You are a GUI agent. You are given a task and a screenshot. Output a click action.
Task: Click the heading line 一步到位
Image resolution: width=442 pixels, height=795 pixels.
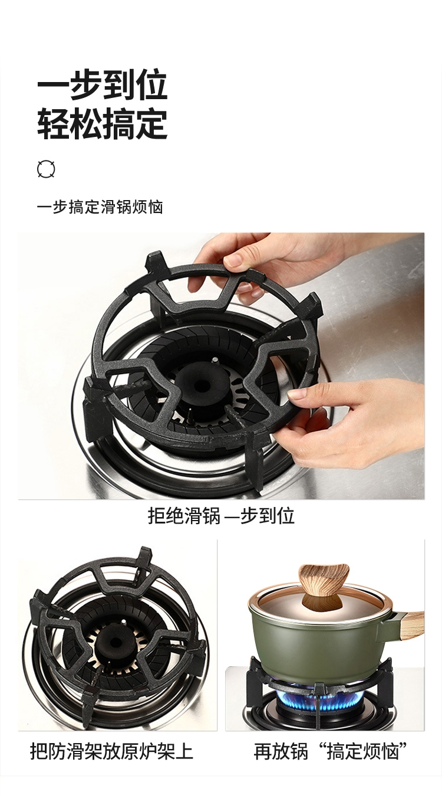coord(102,86)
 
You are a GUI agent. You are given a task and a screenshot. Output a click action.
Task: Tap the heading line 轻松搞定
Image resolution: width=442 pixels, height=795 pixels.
coord(102,124)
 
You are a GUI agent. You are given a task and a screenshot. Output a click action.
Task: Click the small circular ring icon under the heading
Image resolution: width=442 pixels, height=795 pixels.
coord(46,169)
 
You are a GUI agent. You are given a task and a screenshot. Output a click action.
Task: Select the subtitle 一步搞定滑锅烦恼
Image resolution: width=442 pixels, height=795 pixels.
coord(100,207)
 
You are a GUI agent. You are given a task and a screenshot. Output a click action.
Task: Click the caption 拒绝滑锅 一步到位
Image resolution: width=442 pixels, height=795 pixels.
coord(221,516)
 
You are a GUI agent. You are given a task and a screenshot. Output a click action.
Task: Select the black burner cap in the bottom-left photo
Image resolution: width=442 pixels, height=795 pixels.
coord(114,642)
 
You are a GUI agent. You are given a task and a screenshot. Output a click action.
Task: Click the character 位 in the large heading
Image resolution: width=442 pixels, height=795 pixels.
coord(151,86)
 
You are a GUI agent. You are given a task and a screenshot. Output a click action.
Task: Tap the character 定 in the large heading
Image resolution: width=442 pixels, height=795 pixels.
coord(151,124)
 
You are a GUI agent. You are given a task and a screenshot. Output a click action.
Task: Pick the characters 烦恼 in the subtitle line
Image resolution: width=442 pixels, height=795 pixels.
coord(148,207)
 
